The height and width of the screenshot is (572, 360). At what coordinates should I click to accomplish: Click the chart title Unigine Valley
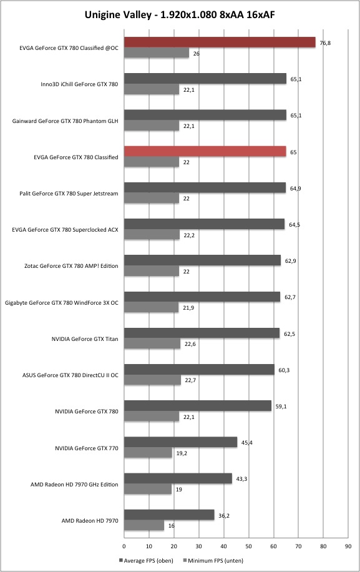(118, 15)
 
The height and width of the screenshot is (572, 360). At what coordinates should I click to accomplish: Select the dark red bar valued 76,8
(220, 42)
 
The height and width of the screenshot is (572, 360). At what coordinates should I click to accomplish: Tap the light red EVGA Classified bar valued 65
(205, 151)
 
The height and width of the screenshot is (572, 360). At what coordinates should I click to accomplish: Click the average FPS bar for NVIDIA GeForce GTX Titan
(202, 333)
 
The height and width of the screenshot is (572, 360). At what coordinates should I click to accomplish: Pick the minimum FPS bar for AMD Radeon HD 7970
(144, 525)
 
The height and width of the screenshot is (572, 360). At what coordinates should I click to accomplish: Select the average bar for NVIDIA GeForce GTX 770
(181, 442)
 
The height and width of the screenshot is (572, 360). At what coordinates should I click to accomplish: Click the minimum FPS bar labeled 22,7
(153, 380)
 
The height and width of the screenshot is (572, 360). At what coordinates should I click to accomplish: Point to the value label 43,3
(241, 478)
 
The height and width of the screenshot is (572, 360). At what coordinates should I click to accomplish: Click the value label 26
(197, 54)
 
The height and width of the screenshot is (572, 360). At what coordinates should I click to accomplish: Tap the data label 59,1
(281, 406)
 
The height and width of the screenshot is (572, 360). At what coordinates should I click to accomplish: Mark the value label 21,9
(188, 307)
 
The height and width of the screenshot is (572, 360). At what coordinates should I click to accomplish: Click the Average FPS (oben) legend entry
(146, 560)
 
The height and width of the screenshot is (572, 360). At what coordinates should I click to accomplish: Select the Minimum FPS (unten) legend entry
(213, 560)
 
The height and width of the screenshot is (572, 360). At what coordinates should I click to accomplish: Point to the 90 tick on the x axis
(348, 546)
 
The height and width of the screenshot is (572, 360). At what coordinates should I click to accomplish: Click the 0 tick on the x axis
(124, 546)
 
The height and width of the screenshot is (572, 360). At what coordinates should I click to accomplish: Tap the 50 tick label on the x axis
(248, 546)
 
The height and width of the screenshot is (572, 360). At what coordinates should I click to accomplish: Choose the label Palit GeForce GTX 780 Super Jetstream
(69, 194)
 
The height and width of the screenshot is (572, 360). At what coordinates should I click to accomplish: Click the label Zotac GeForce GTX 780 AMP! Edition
(71, 266)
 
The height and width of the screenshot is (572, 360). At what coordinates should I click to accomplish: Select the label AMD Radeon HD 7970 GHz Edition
(74, 485)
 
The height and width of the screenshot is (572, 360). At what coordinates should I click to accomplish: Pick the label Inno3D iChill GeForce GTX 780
(79, 84)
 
